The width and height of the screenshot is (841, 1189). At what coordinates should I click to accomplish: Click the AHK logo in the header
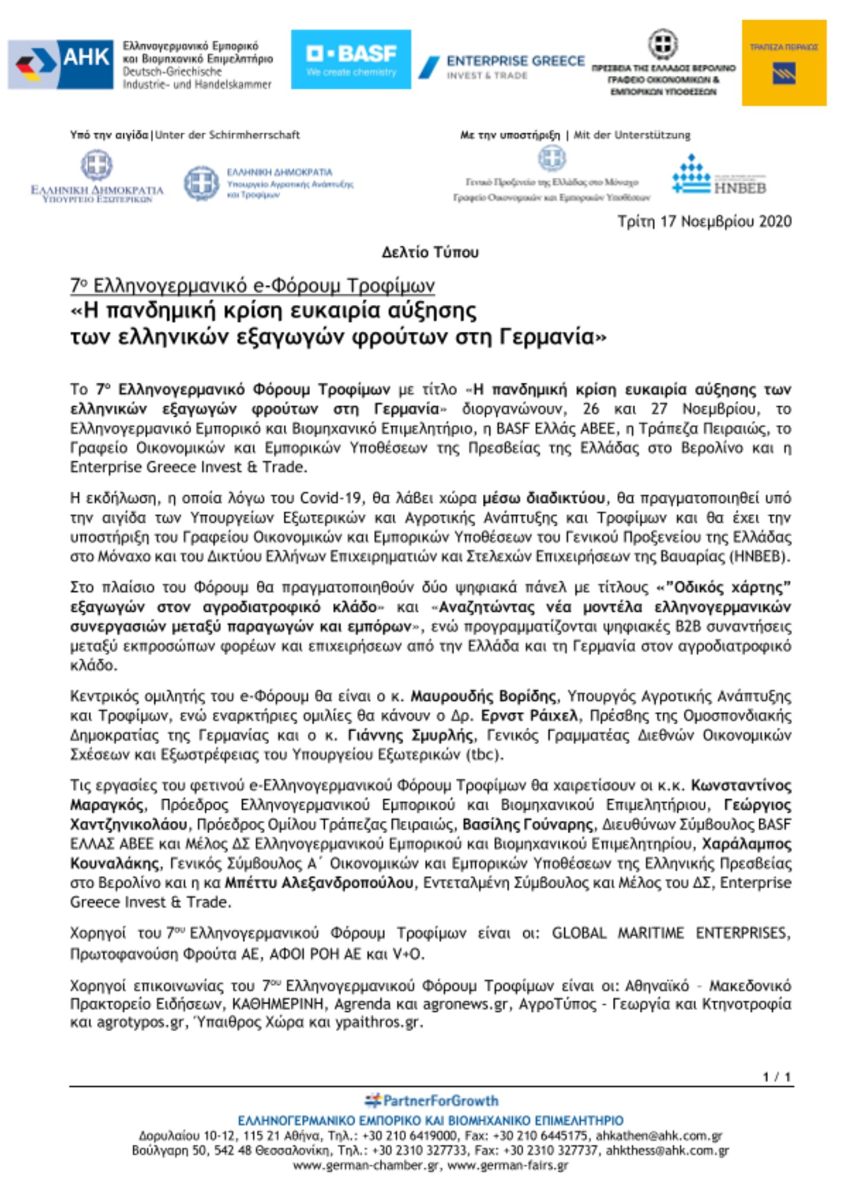pos(61,64)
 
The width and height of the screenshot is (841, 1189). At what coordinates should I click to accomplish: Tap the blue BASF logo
pos(350,59)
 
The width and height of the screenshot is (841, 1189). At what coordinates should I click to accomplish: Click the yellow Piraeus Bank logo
pos(783,63)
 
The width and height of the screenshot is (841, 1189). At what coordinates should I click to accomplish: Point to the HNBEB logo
pos(718,176)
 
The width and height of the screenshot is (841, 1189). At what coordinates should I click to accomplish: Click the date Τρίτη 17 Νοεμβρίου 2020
pos(704,222)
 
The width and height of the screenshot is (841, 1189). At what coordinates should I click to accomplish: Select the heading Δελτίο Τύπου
pos(430,253)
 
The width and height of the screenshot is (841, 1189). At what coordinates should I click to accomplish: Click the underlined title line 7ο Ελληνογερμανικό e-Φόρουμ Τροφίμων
pos(252,285)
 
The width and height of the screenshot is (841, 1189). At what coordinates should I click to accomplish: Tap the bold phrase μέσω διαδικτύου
pos(544,498)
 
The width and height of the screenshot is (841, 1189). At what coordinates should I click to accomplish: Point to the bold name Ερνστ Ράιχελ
pos(529,715)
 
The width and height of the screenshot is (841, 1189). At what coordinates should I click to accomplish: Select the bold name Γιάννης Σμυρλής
pos(410,735)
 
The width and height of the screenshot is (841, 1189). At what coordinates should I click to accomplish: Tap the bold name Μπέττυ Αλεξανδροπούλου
pos(319,883)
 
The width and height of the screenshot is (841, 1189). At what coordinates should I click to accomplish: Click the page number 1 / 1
pos(777,1077)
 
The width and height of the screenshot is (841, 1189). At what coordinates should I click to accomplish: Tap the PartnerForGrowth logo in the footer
pos(432,1100)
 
